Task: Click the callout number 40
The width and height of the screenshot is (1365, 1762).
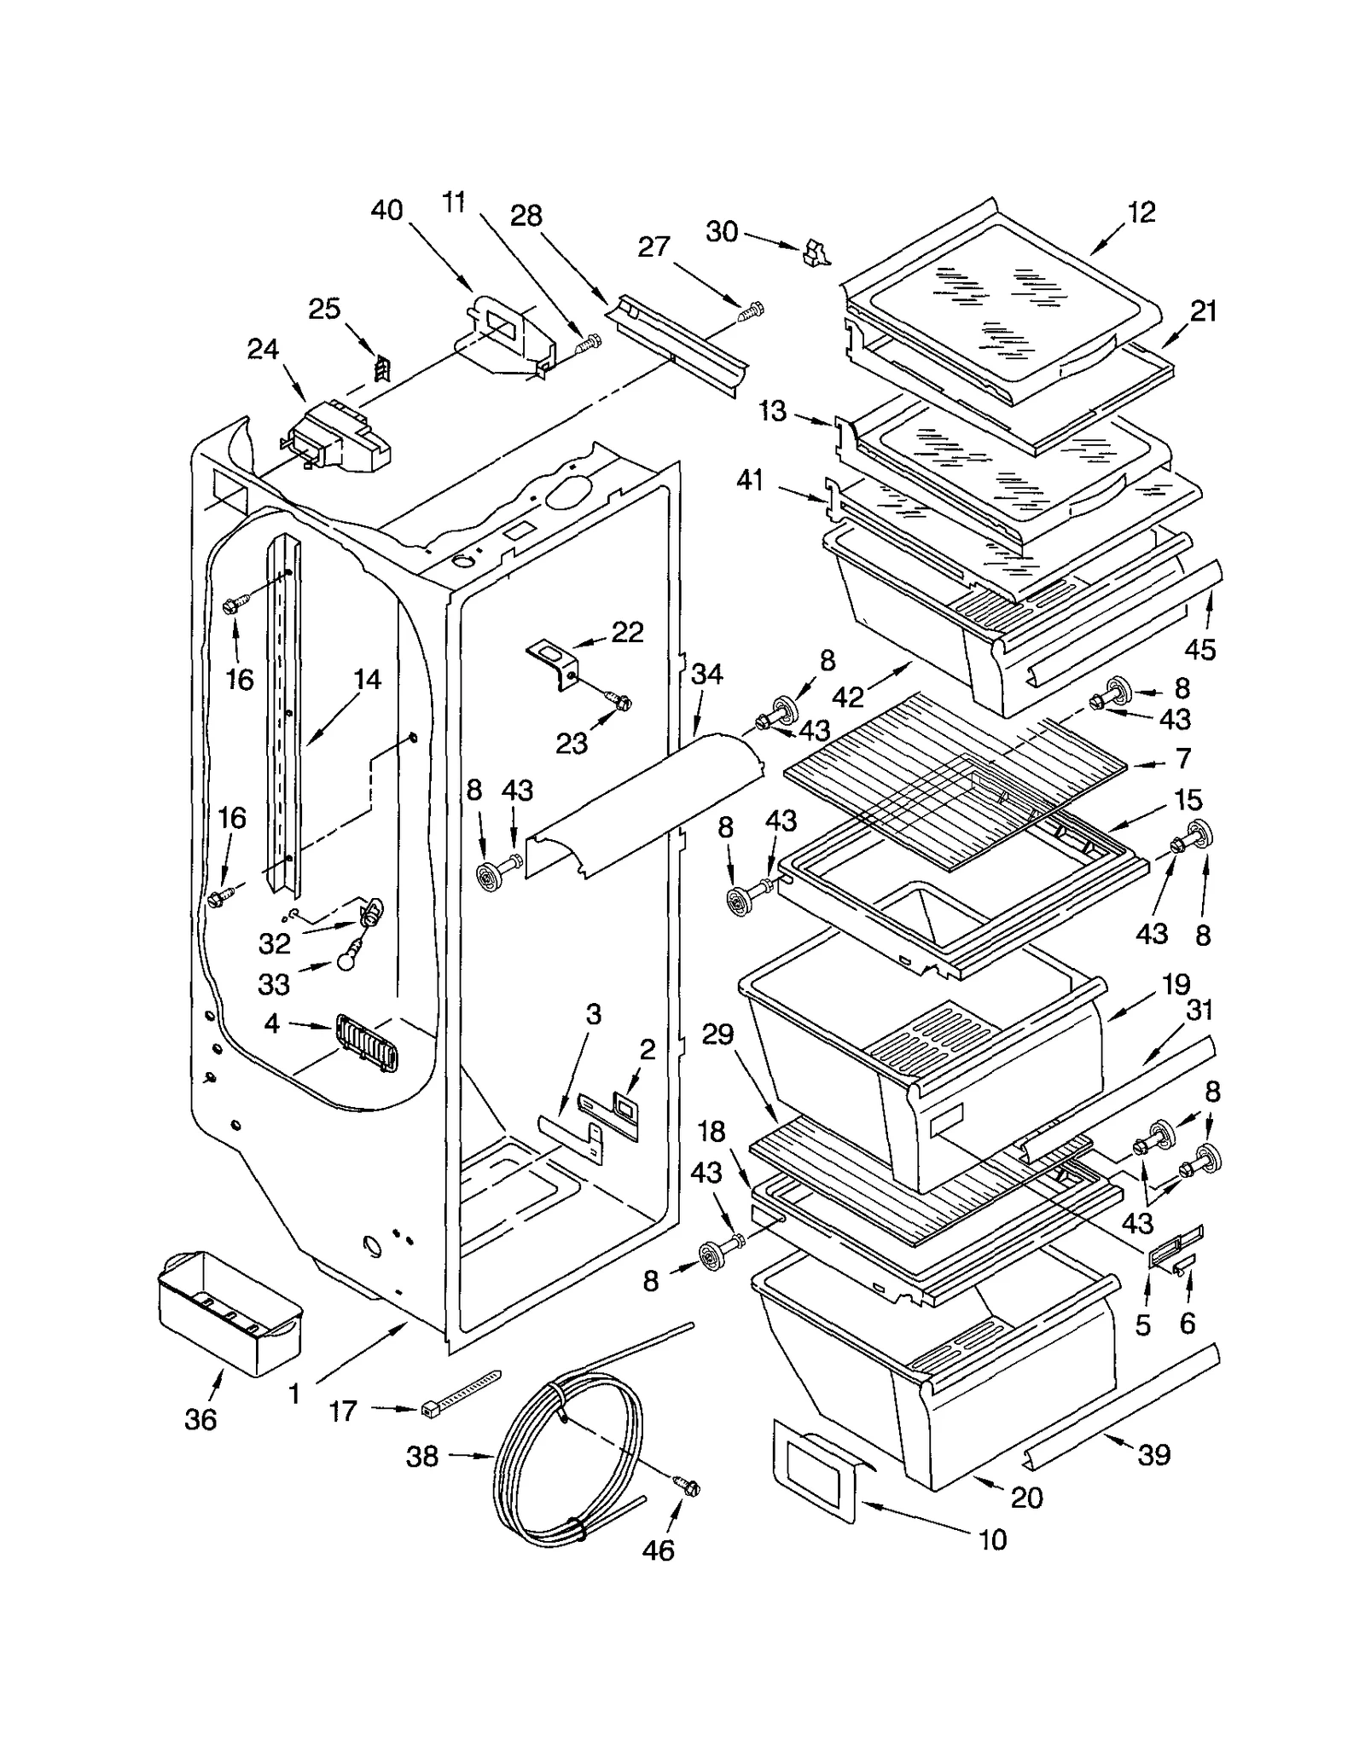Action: coord(386,210)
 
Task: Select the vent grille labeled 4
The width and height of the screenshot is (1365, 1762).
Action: coord(366,1042)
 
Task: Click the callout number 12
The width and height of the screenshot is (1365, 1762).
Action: coord(1141,212)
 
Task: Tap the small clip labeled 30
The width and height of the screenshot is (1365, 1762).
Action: coord(814,252)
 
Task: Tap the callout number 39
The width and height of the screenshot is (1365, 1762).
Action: coord(1153,1454)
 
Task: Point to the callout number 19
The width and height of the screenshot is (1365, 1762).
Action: coord(1176,984)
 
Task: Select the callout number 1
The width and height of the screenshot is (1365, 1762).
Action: coord(294,1394)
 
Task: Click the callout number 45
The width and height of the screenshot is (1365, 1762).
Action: coord(1199,650)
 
